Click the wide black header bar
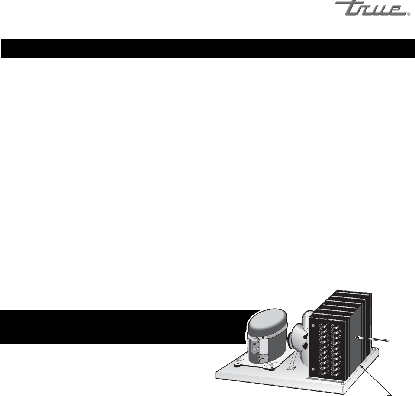(207, 48)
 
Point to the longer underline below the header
(219, 84)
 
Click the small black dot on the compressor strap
(263, 338)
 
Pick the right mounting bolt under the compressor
(273, 366)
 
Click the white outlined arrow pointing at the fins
(372, 339)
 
